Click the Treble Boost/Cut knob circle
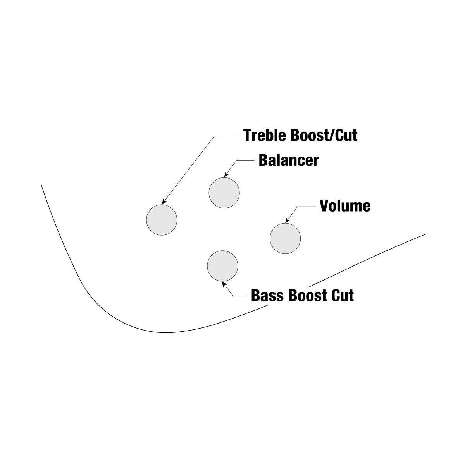click(162, 220)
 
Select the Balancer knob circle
click(224, 193)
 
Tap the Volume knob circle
click(285, 238)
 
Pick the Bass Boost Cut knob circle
click(222, 266)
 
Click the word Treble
click(265, 135)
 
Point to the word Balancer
click(289, 160)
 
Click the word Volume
click(345, 206)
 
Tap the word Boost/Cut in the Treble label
click(324, 135)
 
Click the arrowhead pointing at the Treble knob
click(164, 202)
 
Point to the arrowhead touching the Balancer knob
click(226, 174)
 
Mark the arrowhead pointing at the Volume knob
click(288, 220)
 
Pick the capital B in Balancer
click(263, 160)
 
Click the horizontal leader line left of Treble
click(226, 136)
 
